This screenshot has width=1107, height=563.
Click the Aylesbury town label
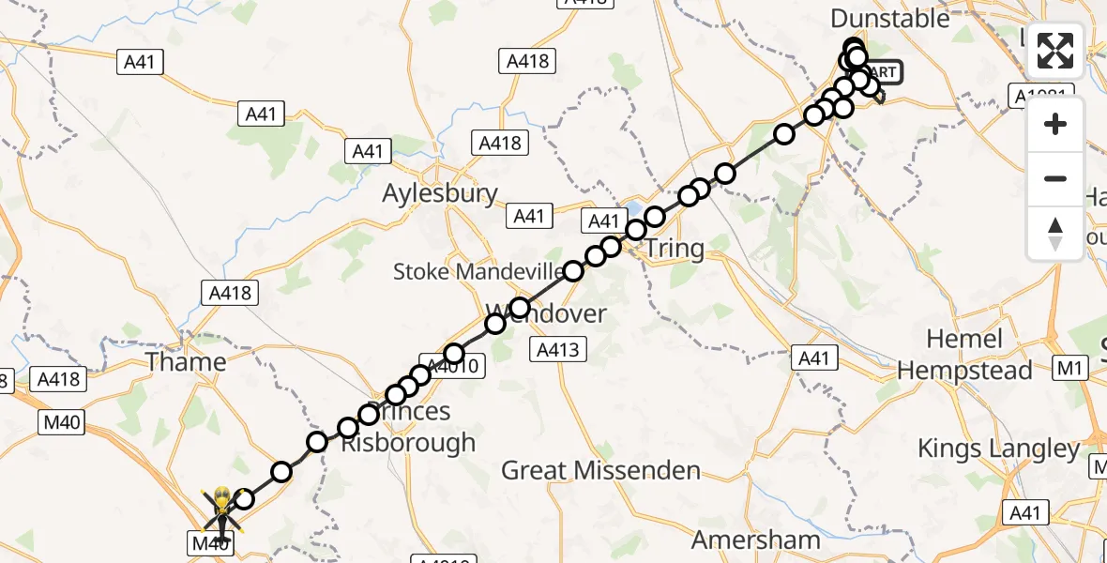tap(440, 194)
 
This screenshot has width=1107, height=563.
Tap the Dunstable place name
tap(890, 18)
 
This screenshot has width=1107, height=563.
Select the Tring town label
tap(675, 249)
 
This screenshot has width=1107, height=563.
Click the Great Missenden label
tap(600, 470)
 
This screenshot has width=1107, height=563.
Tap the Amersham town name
tap(756, 540)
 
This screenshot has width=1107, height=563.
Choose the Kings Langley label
tap(999, 449)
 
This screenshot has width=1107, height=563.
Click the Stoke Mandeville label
tap(480, 272)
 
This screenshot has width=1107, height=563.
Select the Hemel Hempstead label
tap(964, 355)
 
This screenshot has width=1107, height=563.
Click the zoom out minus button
tap(1055, 178)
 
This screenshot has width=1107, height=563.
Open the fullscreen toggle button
tap(1055, 51)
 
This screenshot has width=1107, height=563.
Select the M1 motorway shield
tap(1069, 369)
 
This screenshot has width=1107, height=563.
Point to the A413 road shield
tap(561, 351)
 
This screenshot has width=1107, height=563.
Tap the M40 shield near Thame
tap(63, 422)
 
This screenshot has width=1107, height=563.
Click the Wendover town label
tap(546, 313)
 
